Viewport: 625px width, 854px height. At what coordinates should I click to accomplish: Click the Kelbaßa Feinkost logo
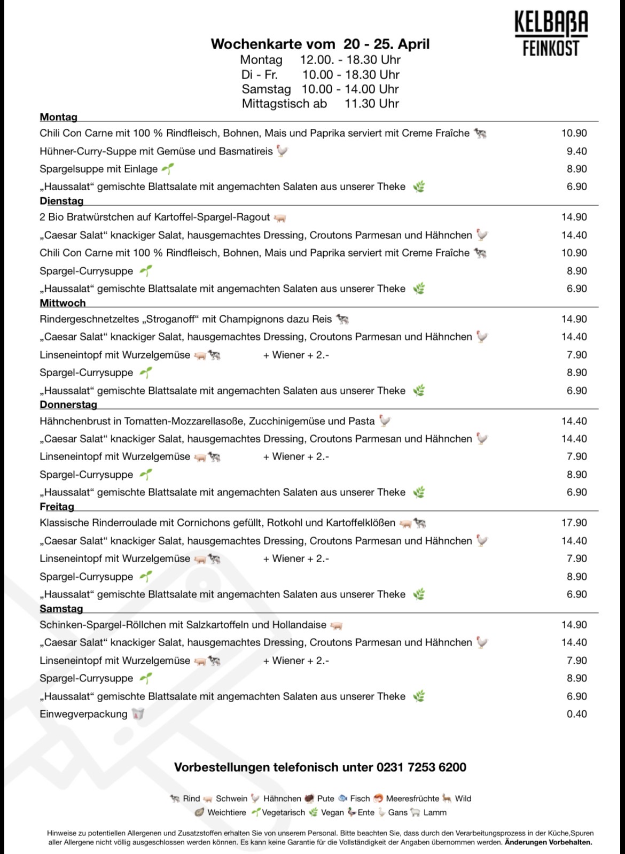click(551, 34)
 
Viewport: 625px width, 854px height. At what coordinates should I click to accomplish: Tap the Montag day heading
click(58, 117)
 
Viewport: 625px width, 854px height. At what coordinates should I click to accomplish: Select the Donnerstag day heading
click(68, 405)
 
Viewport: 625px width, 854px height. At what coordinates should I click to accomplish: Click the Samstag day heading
click(61, 609)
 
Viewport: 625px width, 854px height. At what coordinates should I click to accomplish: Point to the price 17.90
click(574, 523)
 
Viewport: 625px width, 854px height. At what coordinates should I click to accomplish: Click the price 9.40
click(576, 151)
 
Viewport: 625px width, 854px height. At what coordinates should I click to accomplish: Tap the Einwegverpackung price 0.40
click(576, 714)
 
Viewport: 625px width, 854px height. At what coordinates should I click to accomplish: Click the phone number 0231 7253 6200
click(421, 767)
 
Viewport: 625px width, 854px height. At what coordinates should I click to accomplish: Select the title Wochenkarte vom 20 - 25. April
click(320, 44)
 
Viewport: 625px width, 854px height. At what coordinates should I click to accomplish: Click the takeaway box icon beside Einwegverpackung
click(138, 714)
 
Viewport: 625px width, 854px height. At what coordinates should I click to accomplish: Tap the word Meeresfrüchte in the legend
click(412, 798)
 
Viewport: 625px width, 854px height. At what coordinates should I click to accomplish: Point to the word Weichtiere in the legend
click(226, 812)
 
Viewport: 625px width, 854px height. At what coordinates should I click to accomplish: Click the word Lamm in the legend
click(435, 812)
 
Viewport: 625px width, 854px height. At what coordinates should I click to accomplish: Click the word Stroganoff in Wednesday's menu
click(170, 319)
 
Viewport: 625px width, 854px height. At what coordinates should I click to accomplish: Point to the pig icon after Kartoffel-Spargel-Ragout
click(280, 218)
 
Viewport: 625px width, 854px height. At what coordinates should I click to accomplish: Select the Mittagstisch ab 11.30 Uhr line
click(320, 104)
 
